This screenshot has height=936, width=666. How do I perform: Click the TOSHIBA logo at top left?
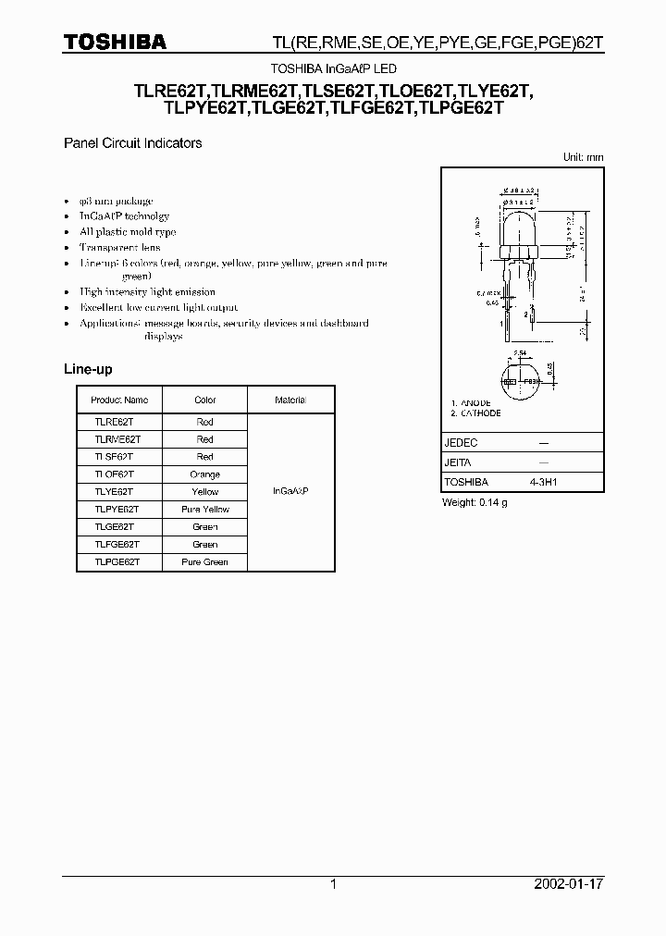tap(115, 42)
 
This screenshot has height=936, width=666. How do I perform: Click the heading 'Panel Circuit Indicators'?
tap(132, 143)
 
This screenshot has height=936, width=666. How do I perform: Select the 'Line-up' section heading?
tap(88, 369)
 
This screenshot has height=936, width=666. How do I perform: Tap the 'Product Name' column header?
tap(118, 400)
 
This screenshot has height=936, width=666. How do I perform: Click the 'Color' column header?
tap(205, 400)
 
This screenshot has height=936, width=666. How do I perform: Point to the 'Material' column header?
tap(290, 400)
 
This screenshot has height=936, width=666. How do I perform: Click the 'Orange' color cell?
tap(205, 474)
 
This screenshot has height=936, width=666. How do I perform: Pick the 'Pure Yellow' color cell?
tap(205, 510)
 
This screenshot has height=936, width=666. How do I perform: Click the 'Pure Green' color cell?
tap(205, 562)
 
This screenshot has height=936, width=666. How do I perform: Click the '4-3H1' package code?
tap(543, 483)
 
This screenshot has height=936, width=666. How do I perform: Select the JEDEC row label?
tap(461, 443)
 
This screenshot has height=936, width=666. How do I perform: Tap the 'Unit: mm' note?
tap(583, 158)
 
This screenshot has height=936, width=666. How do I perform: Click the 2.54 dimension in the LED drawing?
tap(519, 354)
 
